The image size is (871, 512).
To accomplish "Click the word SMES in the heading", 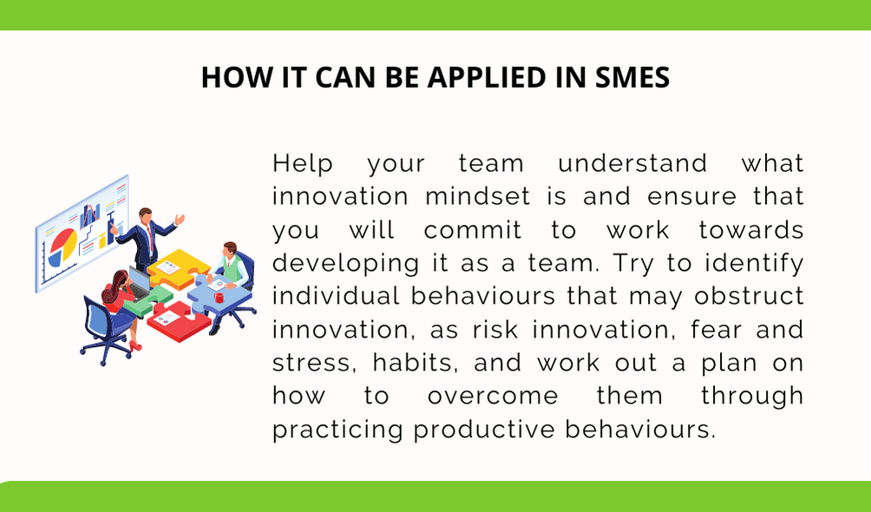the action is coord(632,77).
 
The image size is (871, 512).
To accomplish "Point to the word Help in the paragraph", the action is coord(303,164).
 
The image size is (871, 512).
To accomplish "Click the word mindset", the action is coord(478,197).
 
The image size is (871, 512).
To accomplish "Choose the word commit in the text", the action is coord(473,230).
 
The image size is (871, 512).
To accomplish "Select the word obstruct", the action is coord(749,296).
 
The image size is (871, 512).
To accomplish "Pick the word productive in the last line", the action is coord(484,430).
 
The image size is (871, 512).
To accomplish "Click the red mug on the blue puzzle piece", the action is coord(219,298).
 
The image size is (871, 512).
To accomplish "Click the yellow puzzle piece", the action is coord(179,267).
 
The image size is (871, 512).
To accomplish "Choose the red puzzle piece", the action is coord(172,321).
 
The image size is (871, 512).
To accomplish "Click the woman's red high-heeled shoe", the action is coord(135,346).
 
